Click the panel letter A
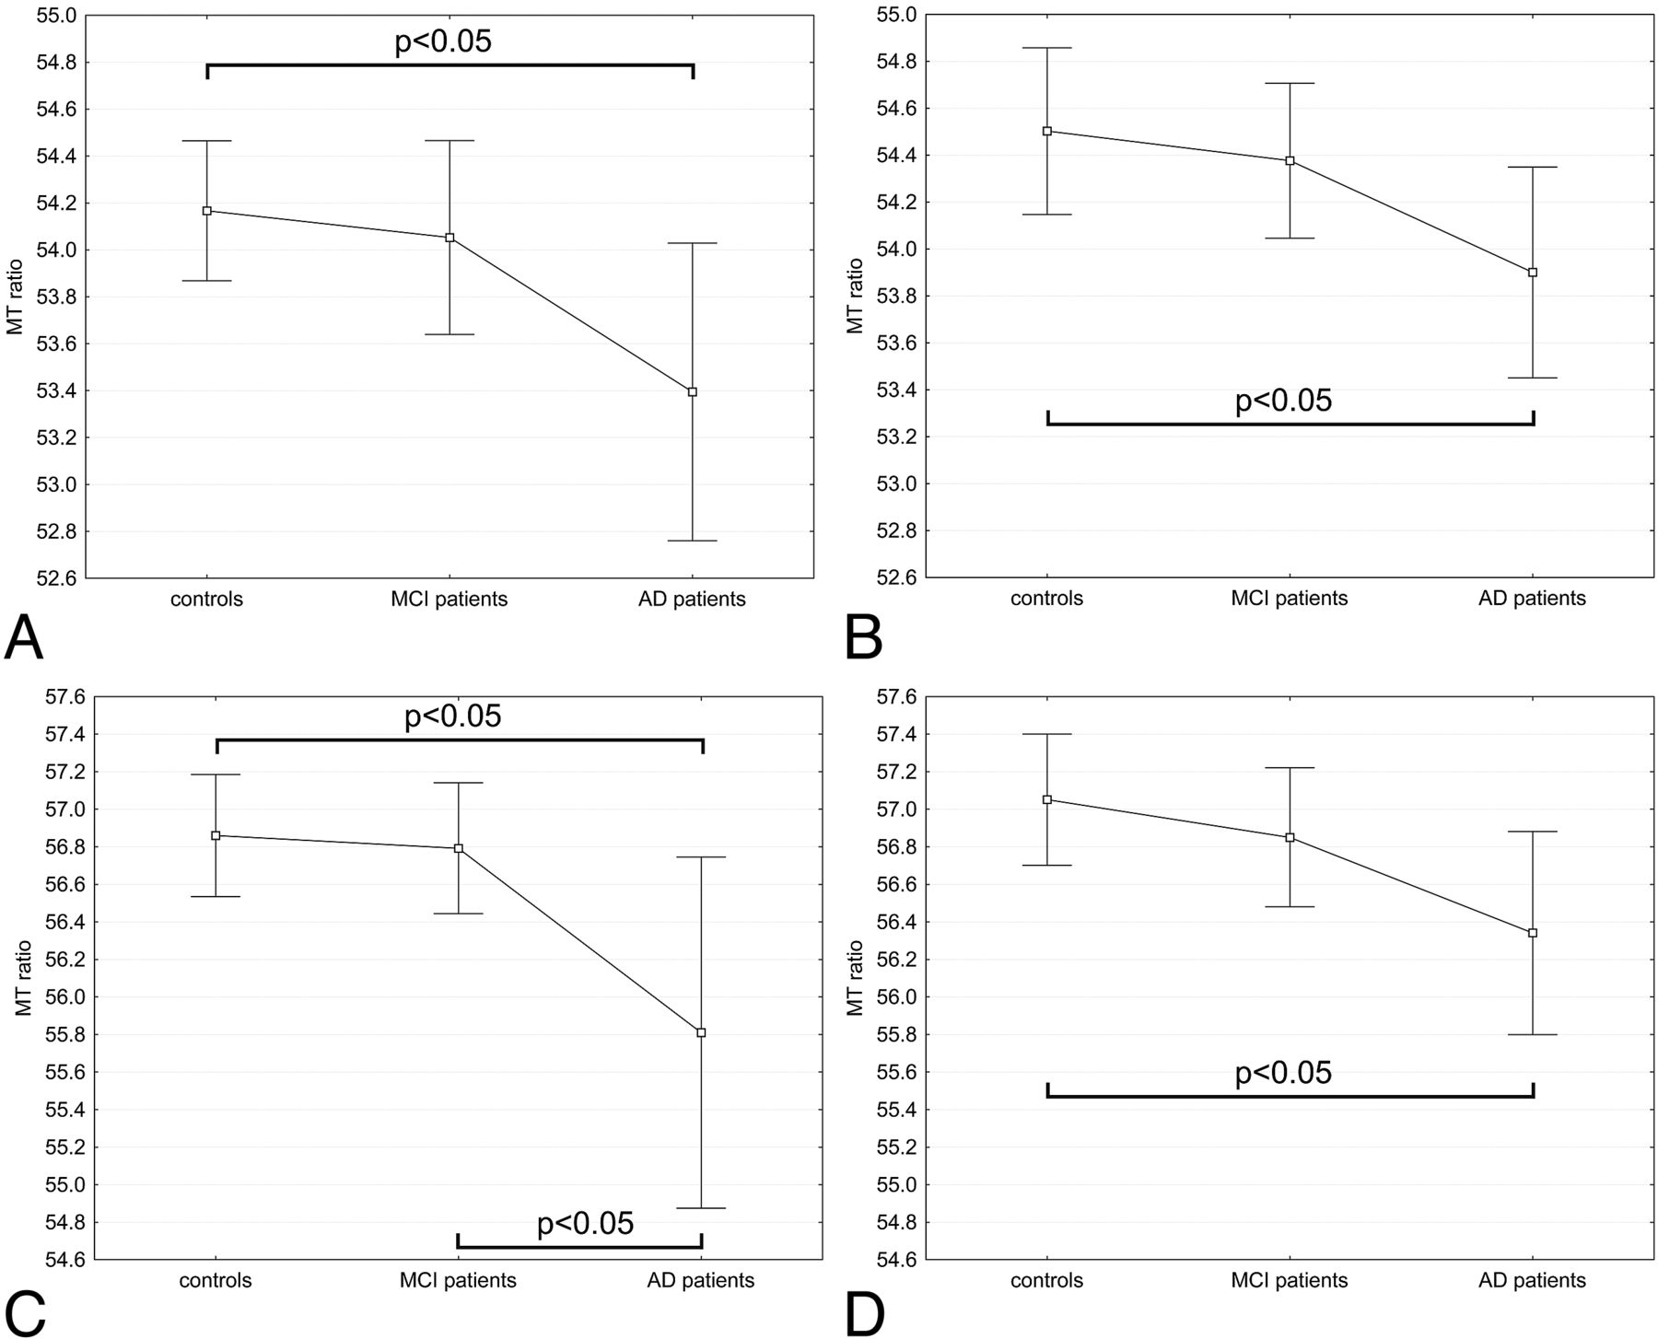click(x=24, y=637)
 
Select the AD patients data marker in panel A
click(x=693, y=392)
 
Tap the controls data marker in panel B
click(x=1047, y=131)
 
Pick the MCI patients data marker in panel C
click(x=459, y=848)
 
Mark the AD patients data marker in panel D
click(x=1533, y=933)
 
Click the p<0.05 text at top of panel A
click(x=443, y=41)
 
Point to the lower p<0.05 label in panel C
click(x=585, y=1223)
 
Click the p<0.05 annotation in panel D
click(x=1283, y=1073)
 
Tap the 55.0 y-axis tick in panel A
click(x=56, y=16)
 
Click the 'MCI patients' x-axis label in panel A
click(x=449, y=600)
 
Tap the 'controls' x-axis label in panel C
click(x=216, y=1280)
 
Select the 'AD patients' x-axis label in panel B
click(x=1533, y=599)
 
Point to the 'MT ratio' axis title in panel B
click(x=856, y=296)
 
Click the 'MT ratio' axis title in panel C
click(x=24, y=978)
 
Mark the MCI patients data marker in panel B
click(x=1290, y=160)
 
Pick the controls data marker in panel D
click(x=1047, y=799)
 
